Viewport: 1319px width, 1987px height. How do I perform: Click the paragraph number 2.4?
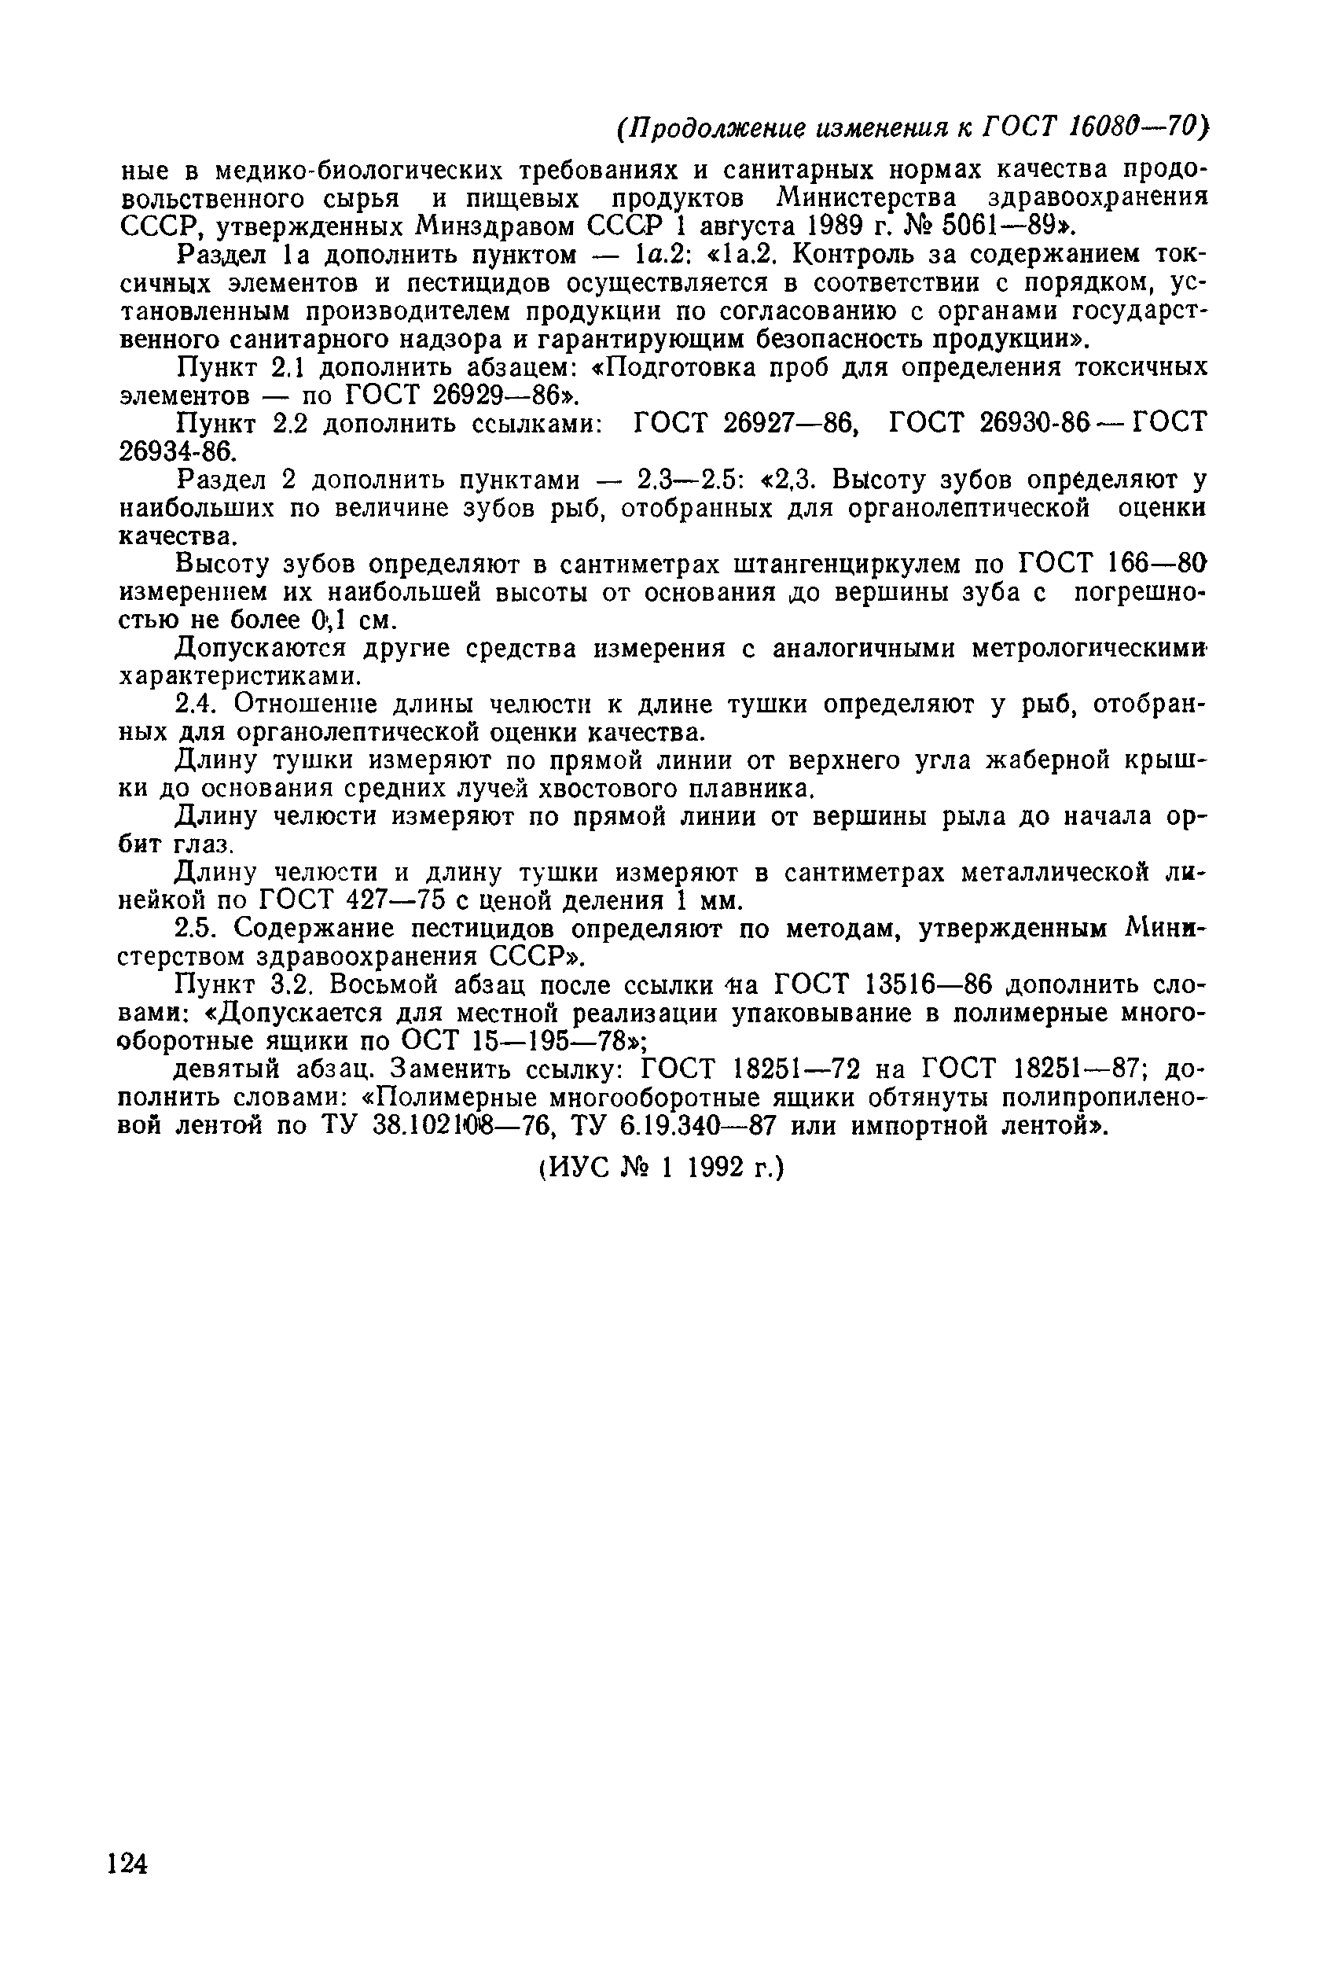coord(197,703)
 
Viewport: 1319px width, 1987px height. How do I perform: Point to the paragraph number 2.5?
coord(197,928)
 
